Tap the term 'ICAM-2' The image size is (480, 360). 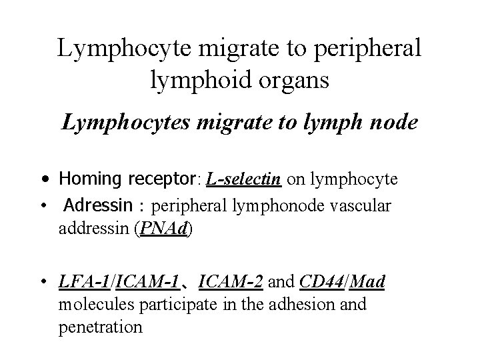(x=231, y=281)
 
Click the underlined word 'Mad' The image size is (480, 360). (x=367, y=281)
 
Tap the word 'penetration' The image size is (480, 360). (x=101, y=328)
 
